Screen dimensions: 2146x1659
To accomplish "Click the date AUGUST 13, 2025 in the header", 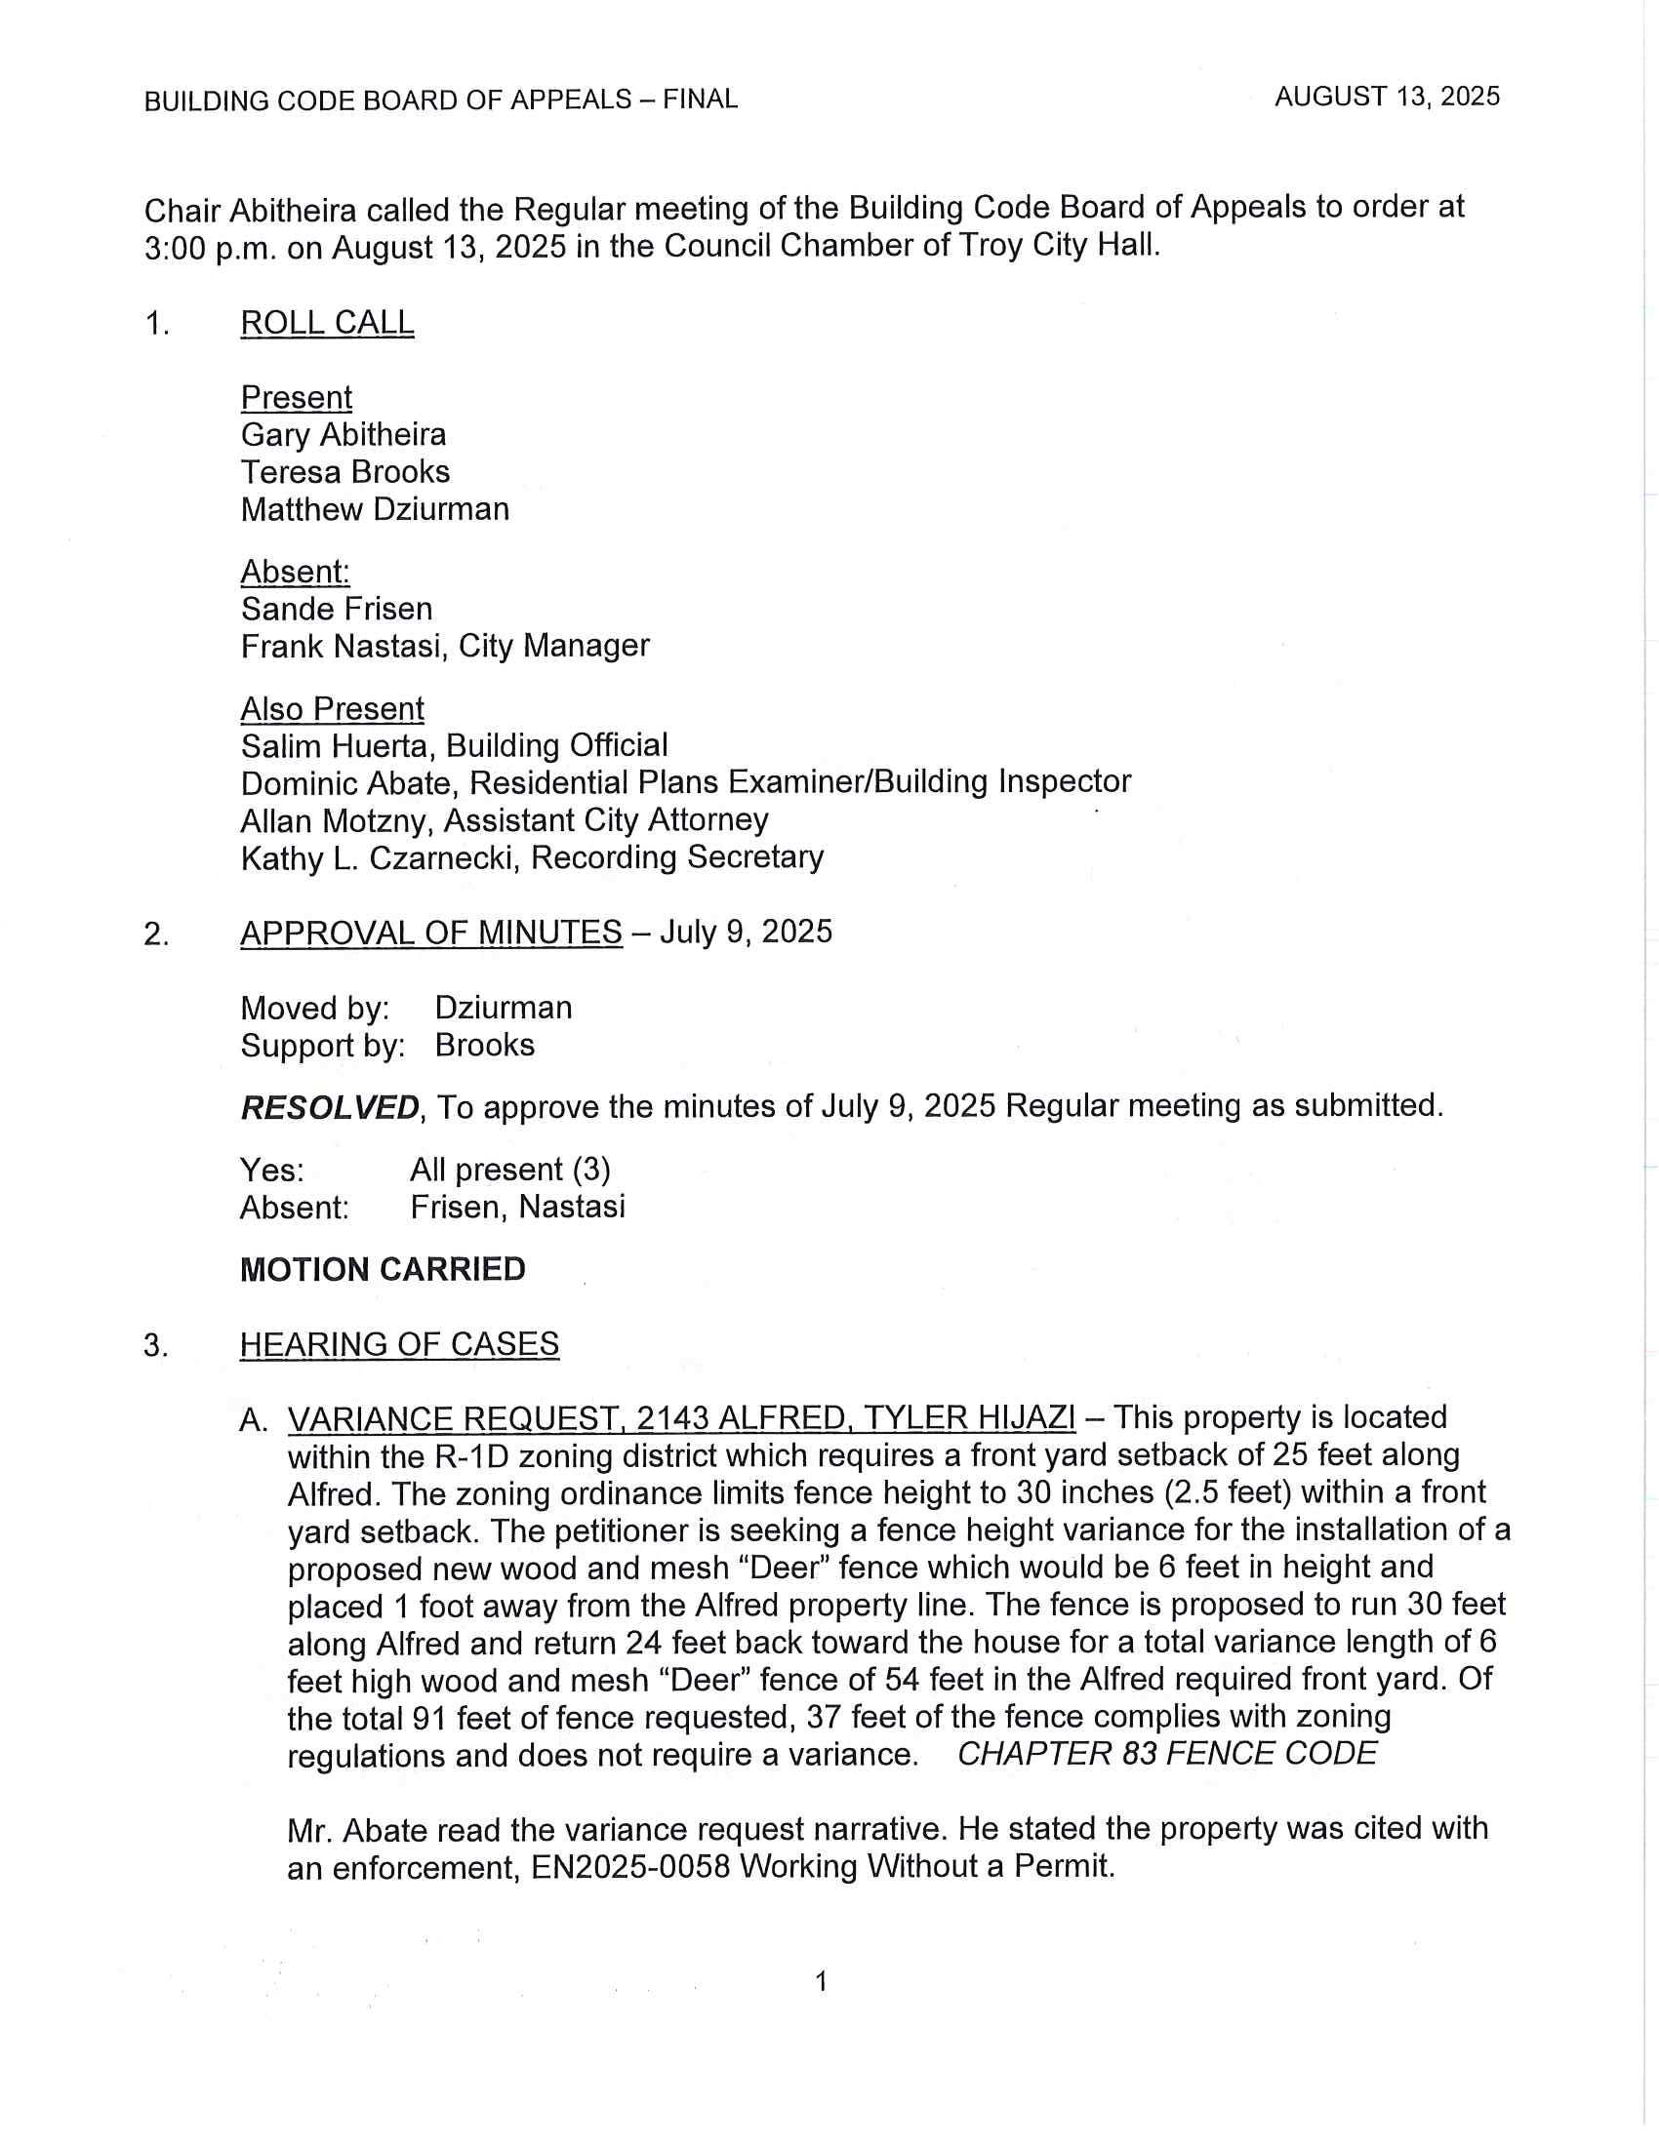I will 1387,97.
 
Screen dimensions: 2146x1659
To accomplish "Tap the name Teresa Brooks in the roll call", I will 344,472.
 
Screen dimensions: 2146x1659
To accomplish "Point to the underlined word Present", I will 296,397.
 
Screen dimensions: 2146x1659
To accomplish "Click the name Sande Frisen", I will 336,609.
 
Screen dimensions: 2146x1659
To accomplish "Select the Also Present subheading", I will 332,708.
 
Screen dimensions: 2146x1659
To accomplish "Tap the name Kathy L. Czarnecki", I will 382,857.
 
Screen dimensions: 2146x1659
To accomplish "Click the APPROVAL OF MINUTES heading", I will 430,932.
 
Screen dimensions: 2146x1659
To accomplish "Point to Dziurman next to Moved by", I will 504,1008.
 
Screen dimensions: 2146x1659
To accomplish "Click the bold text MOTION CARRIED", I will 383,1268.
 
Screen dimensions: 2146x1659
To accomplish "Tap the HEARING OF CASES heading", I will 399,1343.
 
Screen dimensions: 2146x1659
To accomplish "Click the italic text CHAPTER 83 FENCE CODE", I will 1166,1754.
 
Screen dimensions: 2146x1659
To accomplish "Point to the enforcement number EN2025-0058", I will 630,1866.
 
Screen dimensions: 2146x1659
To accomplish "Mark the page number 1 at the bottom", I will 822,1981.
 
